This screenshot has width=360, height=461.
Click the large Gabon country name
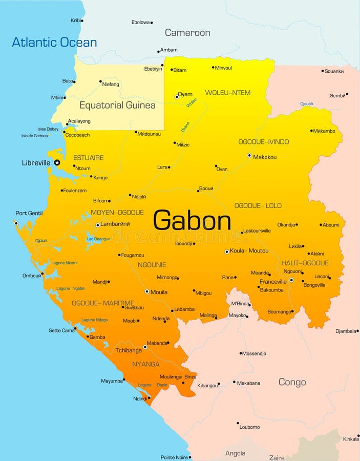point(192,221)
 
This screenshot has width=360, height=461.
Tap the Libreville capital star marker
point(57,162)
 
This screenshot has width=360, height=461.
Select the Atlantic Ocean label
point(54,42)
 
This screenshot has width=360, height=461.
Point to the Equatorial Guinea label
point(117,105)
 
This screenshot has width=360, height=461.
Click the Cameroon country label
point(187,33)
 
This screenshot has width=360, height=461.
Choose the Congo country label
point(292,382)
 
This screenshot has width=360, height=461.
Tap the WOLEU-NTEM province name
point(228,93)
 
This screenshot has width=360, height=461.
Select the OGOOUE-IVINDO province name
point(264,142)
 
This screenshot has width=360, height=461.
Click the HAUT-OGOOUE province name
point(305,263)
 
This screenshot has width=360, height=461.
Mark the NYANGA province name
point(146,364)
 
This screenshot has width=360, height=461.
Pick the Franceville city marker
point(291,280)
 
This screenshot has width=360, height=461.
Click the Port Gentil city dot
point(16,223)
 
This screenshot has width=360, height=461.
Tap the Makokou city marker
point(249,155)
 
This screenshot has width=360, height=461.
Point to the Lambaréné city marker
point(98,225)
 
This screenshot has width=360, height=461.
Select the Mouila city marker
point(147,291)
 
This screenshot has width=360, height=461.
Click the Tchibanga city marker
point(145,347)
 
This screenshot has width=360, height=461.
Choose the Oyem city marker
point(177,96)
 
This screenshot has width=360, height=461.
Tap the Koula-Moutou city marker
point(227,252)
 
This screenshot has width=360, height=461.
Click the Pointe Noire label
point(174,457)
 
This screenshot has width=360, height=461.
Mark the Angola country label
point(236,453)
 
